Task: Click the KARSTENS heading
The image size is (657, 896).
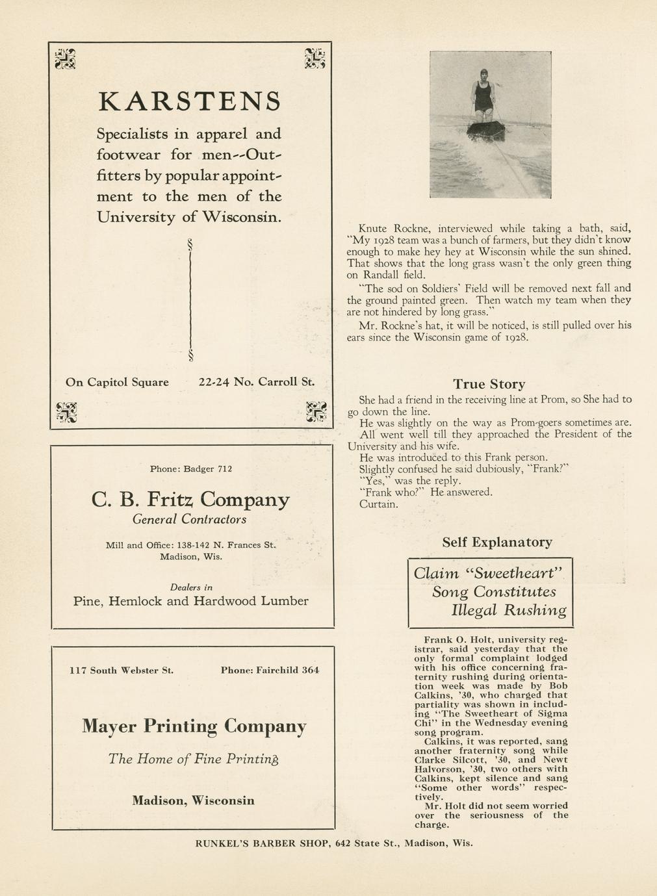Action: click(190, 101)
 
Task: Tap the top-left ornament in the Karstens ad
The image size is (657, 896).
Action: click(65, 58)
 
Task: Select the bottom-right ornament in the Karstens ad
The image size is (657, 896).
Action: click(315, 412)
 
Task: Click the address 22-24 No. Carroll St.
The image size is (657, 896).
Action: click(256, 382)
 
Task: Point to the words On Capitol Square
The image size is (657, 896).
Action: click(117, 382)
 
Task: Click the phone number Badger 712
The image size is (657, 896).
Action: click(191, 468)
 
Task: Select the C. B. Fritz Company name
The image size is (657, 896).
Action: click(190, 500)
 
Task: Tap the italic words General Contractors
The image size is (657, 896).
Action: click(189, 520)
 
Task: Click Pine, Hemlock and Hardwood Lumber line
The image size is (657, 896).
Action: click(190, 601)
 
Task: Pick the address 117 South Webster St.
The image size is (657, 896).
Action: click(121, 670)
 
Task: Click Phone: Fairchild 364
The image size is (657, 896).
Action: click(270, 670)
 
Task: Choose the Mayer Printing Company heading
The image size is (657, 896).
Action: click(194, 726)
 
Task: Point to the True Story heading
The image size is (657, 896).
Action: click(489, 384)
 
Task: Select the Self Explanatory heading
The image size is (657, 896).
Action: click(497, 542)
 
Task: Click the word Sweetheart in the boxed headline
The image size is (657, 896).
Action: click(515, 573)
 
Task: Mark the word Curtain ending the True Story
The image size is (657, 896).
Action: click(378, 504)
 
